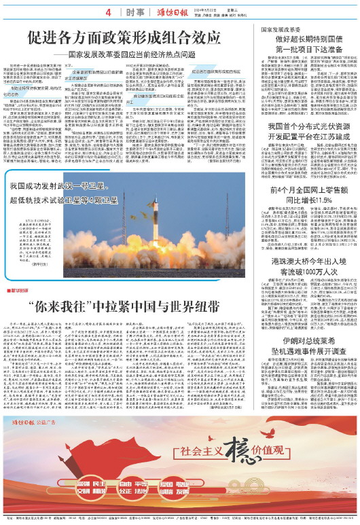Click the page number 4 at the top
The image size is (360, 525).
[x=108, y=12]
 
